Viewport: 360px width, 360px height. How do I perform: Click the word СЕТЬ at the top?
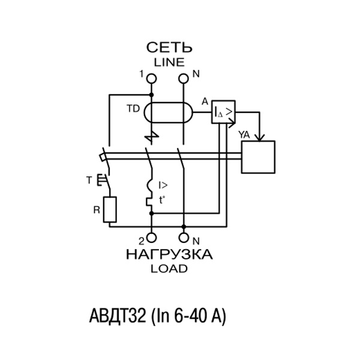pos(170,47)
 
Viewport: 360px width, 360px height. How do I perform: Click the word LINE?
pos(170,61)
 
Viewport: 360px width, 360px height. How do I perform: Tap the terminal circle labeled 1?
pos(151,79)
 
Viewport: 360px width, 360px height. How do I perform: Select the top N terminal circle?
pos(184,79)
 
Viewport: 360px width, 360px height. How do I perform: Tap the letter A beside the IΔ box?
pos(205,101)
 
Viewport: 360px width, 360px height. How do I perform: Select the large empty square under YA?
pos(258,157)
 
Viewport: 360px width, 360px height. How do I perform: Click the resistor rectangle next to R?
pos(109,209)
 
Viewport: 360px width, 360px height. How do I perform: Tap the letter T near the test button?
pos(89,179)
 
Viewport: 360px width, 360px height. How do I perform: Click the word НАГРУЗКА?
pos(169,254)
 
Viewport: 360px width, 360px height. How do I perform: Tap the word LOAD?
pos(169,269)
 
